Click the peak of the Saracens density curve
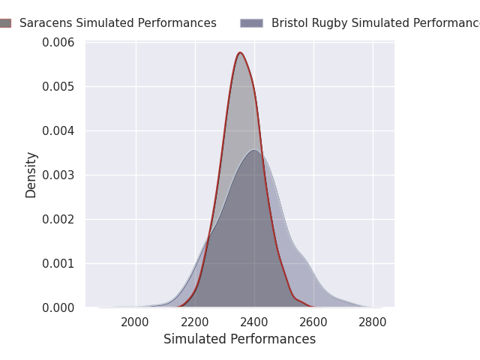click(240, 52)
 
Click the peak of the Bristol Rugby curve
click(254, 150)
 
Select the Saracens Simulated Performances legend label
click(118, 23)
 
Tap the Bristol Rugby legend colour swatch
click(251, 23)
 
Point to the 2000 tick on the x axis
click(135, 322)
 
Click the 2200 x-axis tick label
click(195, 322)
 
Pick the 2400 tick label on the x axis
click(254, 322)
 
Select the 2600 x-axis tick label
click(313, 322)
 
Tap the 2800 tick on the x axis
click(373, 322)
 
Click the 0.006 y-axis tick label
click(59, 43)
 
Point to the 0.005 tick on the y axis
click(59, 87)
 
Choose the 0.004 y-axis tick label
click(59, 131)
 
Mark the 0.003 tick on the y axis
click(59, 175)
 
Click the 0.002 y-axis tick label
click(59, 220)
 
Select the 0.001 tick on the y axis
click(59, 264)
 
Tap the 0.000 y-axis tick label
click(59, 308)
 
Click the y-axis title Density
click(31, 175)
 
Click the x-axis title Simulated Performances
click(239, 340)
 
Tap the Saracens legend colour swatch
click(4, 23)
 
